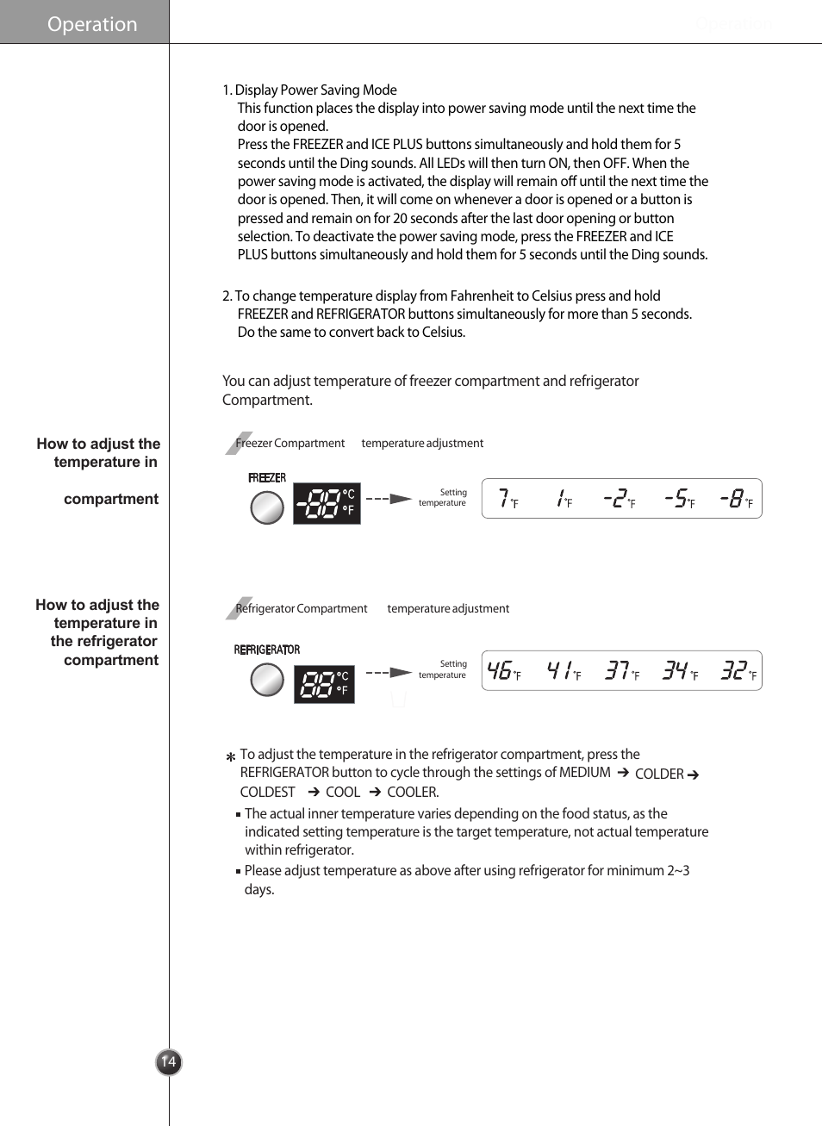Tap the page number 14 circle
coord(169,1061)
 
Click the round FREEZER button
coord(267,507)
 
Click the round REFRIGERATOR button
coord(267,681)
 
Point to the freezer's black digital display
coord(327,503)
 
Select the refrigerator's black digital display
coord(324,684)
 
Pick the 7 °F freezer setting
coord(508,499)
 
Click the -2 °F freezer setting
coord(620,499)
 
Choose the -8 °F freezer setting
coord(736,499)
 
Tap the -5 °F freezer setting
coord(679,499)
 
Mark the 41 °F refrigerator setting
coord(564,671)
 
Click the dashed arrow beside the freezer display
coord(389,499)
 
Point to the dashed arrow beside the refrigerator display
coord(389,672)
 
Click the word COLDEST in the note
coord(267,792)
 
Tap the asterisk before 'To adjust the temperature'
coord(230,757)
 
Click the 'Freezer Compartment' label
coord(290,443)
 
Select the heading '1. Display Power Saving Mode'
coord(309,90)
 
